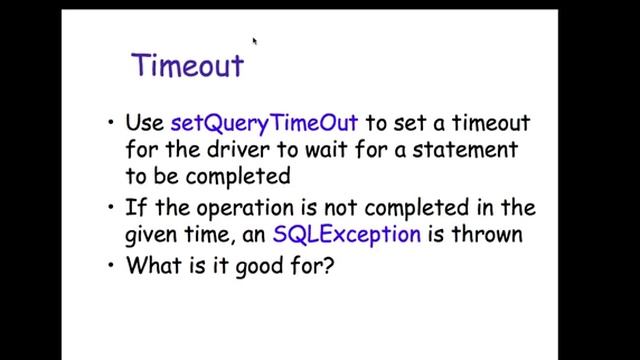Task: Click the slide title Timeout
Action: click(188, 65)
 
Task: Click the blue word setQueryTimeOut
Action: click(265, 124)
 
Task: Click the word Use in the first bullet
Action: click(146, 124)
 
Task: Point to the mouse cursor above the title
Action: click(255, 41)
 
